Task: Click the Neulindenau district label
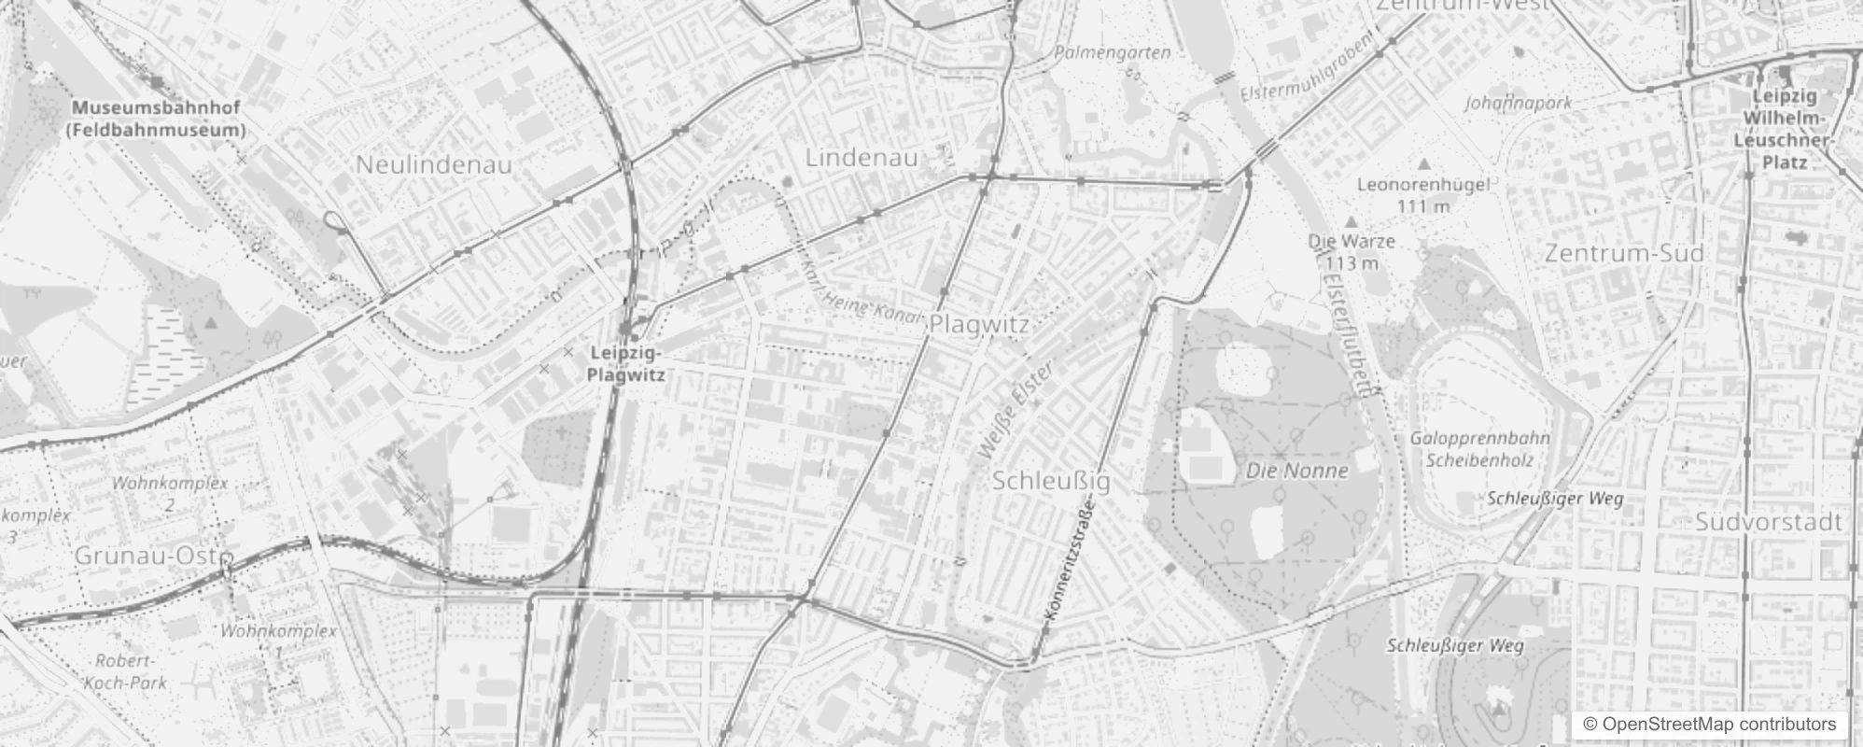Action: [x=434, y=165]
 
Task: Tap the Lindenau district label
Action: [x=861, y=158]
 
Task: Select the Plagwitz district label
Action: [x=979, y=325]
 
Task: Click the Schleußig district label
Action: [x=1051, y=482]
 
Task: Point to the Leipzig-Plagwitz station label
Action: [x=625, y=364]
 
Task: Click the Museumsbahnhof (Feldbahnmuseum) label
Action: [x=156, y=120]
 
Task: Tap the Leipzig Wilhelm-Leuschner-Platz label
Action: [x=1784, y=129]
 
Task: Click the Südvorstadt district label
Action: [x=1769, y=522]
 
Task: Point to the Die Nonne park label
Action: [x=1297, y=472]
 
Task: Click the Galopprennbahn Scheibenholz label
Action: [x=1479, y=448]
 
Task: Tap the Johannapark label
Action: [x=1519, y=103]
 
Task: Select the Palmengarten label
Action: [x=1112, y=53]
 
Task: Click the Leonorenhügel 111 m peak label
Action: [x=1422, y=194]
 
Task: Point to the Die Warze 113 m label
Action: [x=1352, y=251]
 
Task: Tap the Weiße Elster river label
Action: [x=1016, y=411]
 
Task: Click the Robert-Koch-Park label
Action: [x=126, y=671]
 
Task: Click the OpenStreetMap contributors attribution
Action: [x=1709, y=725]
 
